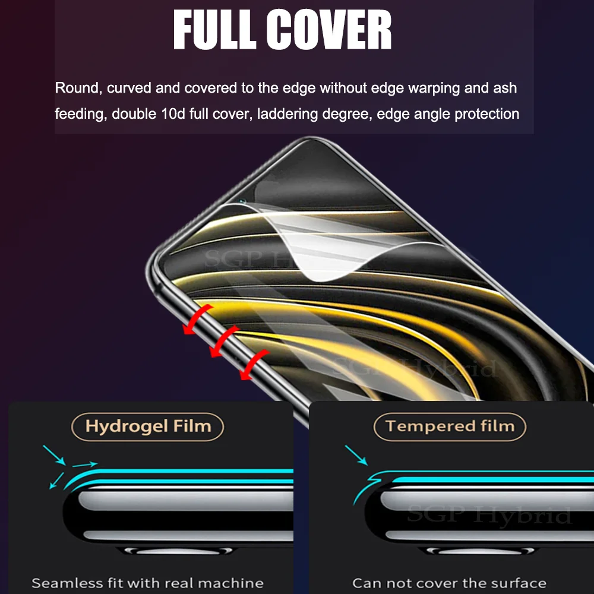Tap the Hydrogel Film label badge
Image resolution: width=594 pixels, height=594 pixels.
pyautogui.click(x=148, y=426)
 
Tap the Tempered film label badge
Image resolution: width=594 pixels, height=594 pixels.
pyautogui.click(x=450, y=426)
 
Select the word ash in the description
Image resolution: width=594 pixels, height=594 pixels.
pyautogui.click(x=505, y=89)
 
